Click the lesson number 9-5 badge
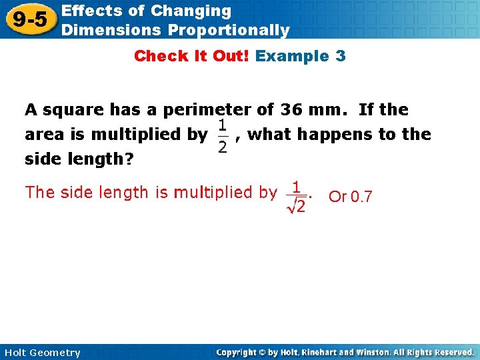[29, 20]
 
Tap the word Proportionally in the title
[229, 30]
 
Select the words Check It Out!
[192, 56]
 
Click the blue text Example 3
[301, 56]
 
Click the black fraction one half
[222, 136]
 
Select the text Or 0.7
[351, 197]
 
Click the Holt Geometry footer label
[41, 353]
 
